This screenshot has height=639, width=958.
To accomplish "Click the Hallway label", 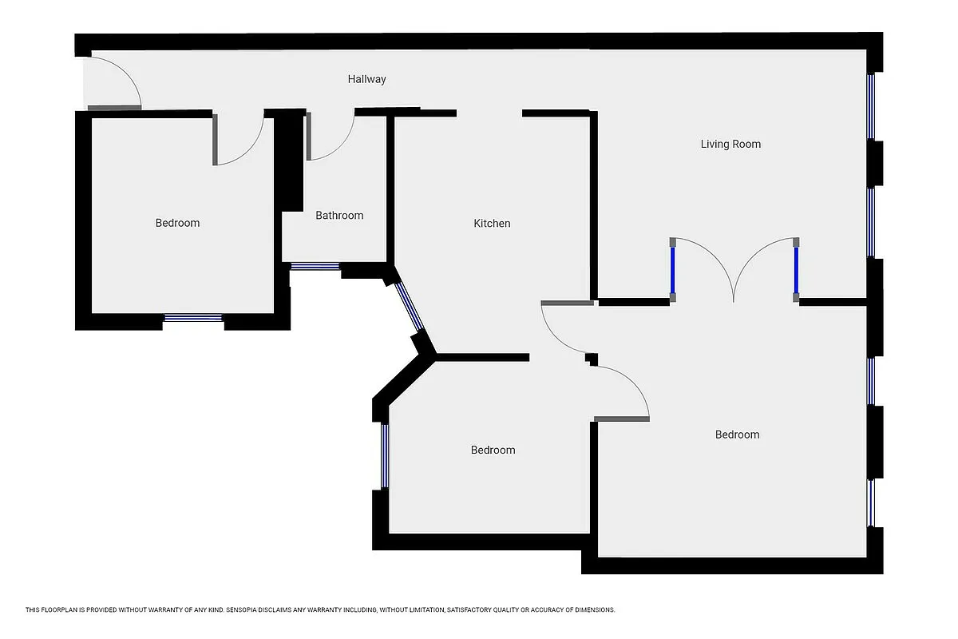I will coord(366,79).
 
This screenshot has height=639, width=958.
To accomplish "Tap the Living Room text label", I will coord(730,144).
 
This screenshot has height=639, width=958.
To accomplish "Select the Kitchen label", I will coord(492,224).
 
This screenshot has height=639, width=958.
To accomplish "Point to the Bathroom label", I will coord(339,216).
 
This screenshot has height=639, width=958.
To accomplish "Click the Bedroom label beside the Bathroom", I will coord(177,223).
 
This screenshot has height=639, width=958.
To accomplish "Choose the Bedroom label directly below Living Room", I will coord(737,435).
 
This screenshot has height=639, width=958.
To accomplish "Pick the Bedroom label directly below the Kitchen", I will coord(493,450).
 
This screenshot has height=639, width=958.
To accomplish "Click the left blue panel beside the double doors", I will coord(673,270).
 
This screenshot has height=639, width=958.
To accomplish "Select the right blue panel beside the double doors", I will coord(796,270).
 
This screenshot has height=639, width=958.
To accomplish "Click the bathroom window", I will coord(315,267).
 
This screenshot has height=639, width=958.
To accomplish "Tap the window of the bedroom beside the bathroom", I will coord(193,318).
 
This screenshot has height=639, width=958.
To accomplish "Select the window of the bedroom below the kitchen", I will coord(385,455).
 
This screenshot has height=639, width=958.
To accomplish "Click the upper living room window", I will coord(871,106).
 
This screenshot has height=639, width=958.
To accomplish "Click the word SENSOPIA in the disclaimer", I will coord(247,610).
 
